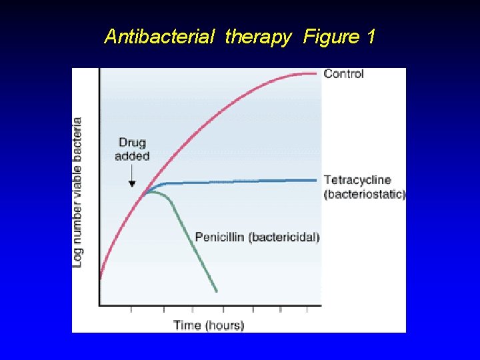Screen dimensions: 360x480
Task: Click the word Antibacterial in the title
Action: [x=159, y=37]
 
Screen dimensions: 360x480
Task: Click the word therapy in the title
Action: [x=258, y=37]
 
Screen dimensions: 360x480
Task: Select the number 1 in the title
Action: [x=371, y=37]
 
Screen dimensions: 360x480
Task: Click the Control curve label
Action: [x=343, y=74]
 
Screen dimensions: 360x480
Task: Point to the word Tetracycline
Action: [x=357, y=180]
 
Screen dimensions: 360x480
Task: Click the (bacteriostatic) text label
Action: [x=364, y=194]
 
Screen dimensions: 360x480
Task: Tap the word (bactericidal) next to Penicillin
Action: [x=283, y=237]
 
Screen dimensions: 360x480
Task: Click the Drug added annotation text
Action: [x=132, y=149]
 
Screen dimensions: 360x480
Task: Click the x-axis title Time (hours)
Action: [x=209, y=325]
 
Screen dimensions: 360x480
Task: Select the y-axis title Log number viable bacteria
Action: [x=78, y=193]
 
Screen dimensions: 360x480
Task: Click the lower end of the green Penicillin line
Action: [x=217, y=291]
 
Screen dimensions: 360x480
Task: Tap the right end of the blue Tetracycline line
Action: [x=315, y=179]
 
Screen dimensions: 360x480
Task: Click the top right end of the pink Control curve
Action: [x=315, y=73]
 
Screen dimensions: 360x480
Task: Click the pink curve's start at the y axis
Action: [x=100, y=277]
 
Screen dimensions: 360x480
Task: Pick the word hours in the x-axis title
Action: [x=224, y=325]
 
